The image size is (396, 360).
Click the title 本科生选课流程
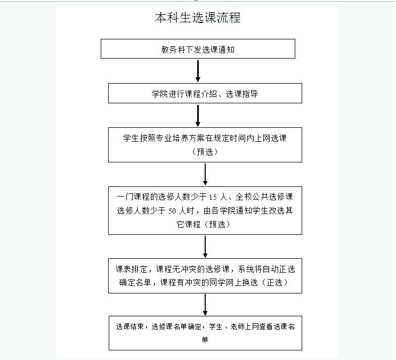tap(198, 18)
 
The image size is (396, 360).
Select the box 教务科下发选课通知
tap(198, 49)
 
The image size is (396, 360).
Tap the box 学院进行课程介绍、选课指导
tap(205, 93)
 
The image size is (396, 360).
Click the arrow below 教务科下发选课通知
tap(198, 70)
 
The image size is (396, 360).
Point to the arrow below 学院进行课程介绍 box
tap(198, 114)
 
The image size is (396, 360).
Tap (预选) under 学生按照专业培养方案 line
tap(205, 151)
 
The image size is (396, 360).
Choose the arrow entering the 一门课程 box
tap(205, 174)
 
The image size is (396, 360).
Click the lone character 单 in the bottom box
tap(205, 339)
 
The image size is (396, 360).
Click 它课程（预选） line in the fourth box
tap(205, 224)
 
